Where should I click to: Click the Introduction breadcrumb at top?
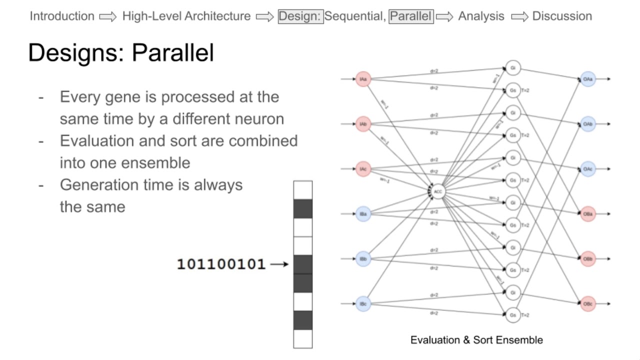click(x=62, y=16)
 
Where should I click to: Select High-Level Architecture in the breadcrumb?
click(x=186, y=16)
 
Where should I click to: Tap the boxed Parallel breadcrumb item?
click(x=410, y=16)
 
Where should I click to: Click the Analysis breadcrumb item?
click(x=481, y=16)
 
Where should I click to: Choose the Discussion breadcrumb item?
click(x=562, y=16)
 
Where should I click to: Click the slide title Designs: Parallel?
click(x=121, y=52)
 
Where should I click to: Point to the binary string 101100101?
click(x=221, y=264)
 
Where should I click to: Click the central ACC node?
click(x=438, y=191)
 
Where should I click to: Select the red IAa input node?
click(x=363, y=79)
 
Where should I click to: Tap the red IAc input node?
click(x=363, y=169)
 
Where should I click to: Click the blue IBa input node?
click(x=363, y=214)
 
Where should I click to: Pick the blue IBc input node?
click(x=363, y=303)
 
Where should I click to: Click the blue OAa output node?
click(x=588, y=79)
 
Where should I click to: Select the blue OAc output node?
click(x=588, y=169)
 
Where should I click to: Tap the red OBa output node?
click(x=588, y=214)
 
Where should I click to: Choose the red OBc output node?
click(x=588, y=303)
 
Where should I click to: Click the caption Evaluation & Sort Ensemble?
click(x=476, y=340)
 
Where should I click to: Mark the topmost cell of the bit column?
click(x=302, y=190)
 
